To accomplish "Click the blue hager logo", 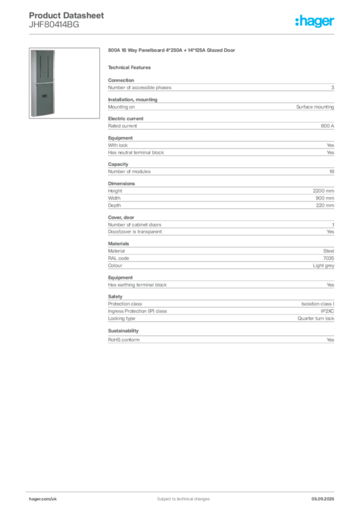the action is (x=315, y=22).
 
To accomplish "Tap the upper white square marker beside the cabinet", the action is (x=58, y=53).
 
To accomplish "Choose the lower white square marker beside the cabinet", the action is (x=58, y=65).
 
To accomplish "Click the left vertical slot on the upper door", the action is (x=39, y=65).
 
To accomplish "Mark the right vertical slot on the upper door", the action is (x=47, y=65).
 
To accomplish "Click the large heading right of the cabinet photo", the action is (x=173, y=51).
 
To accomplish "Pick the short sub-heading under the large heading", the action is (x=131, y=67).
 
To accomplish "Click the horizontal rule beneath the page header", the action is (x=183, y=33).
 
